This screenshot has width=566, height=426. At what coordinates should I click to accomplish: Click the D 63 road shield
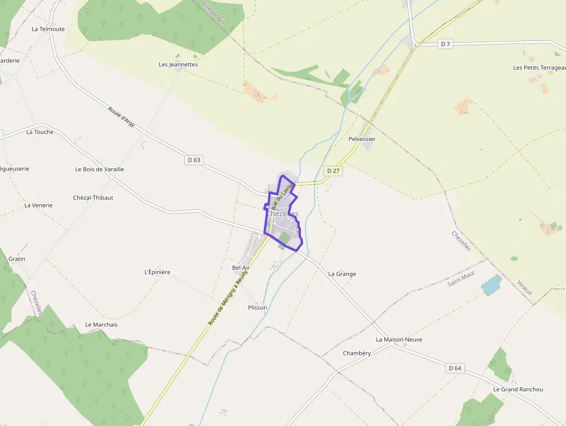point(194,160)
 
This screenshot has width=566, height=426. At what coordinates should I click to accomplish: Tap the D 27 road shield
point(332,171)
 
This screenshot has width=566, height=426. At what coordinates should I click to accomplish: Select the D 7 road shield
point(445,44)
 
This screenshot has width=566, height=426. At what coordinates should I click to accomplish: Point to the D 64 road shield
point(455,368)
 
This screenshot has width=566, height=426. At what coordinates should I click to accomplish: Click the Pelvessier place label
point(362,139)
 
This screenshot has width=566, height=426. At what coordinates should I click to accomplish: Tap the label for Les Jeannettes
point(178,65)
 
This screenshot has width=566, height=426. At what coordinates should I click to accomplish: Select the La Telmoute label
point(49,29)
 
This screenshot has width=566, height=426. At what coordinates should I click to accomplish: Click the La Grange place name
point(342,274)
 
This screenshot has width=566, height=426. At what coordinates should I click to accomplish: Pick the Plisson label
point(257,308)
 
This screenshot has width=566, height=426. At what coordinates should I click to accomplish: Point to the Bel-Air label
point(241,268)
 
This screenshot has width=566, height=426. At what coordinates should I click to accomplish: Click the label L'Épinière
point(157,272)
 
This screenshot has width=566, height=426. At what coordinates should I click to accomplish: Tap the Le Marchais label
point(101,325)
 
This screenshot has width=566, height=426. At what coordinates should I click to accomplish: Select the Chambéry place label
point(356,353)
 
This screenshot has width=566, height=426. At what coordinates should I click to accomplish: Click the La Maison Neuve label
point(399,339)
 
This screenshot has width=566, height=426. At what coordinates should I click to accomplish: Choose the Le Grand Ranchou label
point(518,390)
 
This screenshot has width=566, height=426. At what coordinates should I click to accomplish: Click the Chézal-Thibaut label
point(93,198)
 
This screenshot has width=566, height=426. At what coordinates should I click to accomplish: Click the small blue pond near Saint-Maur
point(491,284)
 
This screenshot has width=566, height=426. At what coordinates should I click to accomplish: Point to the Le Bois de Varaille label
point(99,169)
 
